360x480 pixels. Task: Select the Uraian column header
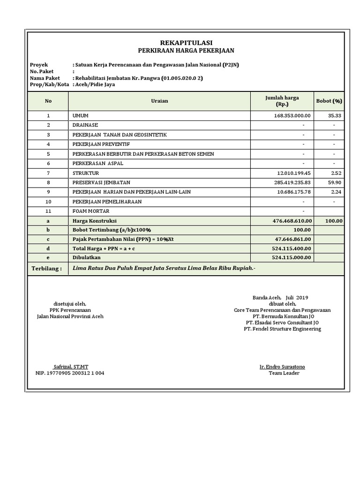(159, 101)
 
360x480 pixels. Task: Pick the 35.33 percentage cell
(336, 115)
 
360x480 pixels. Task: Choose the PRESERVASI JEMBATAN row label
(101, 182)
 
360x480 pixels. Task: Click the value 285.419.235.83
(286, 182)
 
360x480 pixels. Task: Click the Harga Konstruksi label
(94, 221)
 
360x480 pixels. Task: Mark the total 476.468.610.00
(292, 221)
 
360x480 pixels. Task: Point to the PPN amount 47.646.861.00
(293, 239)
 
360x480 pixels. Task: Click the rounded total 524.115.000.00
(292, 257)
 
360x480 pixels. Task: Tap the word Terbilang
(46, 269)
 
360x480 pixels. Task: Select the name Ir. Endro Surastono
(282, 367)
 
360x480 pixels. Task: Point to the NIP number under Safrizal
(70, 373)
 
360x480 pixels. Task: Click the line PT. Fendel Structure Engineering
(282, 329)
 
